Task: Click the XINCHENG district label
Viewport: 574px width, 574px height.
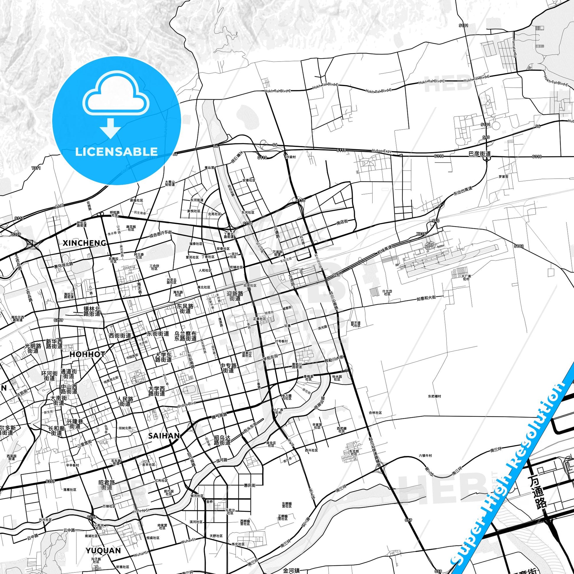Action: coord(85,243)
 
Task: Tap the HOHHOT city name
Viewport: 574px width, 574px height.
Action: coord(87,354)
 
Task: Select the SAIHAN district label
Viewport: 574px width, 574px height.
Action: coord(164,436)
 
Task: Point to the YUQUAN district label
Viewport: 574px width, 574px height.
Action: coord(104,542)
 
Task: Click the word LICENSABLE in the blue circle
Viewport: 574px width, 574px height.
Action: coord(117,152)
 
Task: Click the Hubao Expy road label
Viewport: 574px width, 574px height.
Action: coord(382,151)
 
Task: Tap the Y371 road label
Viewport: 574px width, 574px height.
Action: coord(36,168)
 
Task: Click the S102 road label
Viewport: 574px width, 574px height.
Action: coord(519,246)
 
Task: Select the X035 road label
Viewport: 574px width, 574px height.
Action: coord(421,234)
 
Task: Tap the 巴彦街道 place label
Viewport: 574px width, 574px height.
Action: coord(480,154)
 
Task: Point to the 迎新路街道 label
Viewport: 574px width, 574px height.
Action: coord(235,296)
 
